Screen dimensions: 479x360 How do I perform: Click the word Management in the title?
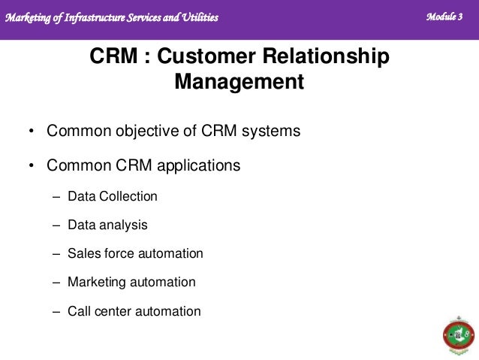tap(239, 81)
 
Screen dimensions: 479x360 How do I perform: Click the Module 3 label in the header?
tap(444, 17)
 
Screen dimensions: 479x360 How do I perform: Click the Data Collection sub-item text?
tap(113, 197)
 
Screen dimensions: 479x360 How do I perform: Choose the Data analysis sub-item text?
tap(107, 225)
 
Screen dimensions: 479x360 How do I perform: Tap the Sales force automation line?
tap(135, 253)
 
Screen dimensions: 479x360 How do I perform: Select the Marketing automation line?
tap(131, 283)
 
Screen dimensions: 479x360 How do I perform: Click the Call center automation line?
tap(134, 310)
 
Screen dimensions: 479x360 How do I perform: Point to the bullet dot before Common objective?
tap(31, 132)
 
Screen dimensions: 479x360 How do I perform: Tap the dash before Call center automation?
tap(56, 311)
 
